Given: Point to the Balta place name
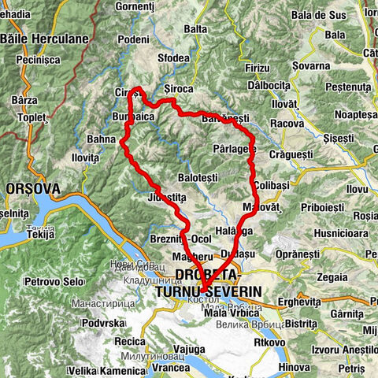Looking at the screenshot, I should (x=195, y=28).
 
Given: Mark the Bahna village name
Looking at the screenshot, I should (x=101, y=139).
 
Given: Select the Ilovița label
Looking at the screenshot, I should (x=85, y=157).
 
